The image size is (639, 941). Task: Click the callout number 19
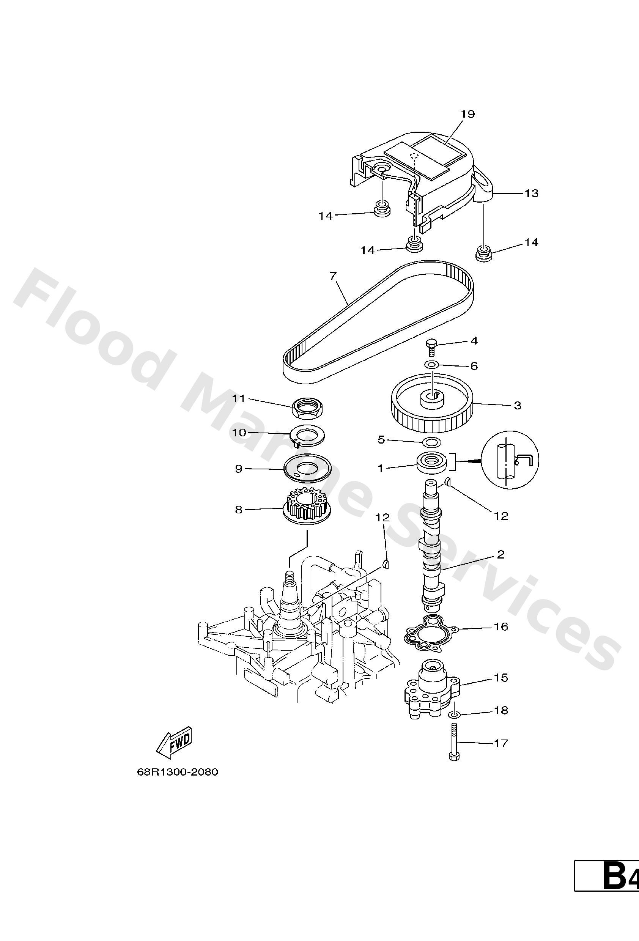click(x=467, y=114)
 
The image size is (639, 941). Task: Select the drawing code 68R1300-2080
click(x=177, y=772)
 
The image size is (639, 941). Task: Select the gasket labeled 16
click(x=430, y=640)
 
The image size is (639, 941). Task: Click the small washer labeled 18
click(x=454, y=716)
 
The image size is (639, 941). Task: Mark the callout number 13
click(x=531, y=194)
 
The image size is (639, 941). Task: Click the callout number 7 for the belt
click(x=333, y=276)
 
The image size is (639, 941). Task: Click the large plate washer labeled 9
click(x=307, y=469)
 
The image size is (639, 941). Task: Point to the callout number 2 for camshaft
click(x=500, y=554)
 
